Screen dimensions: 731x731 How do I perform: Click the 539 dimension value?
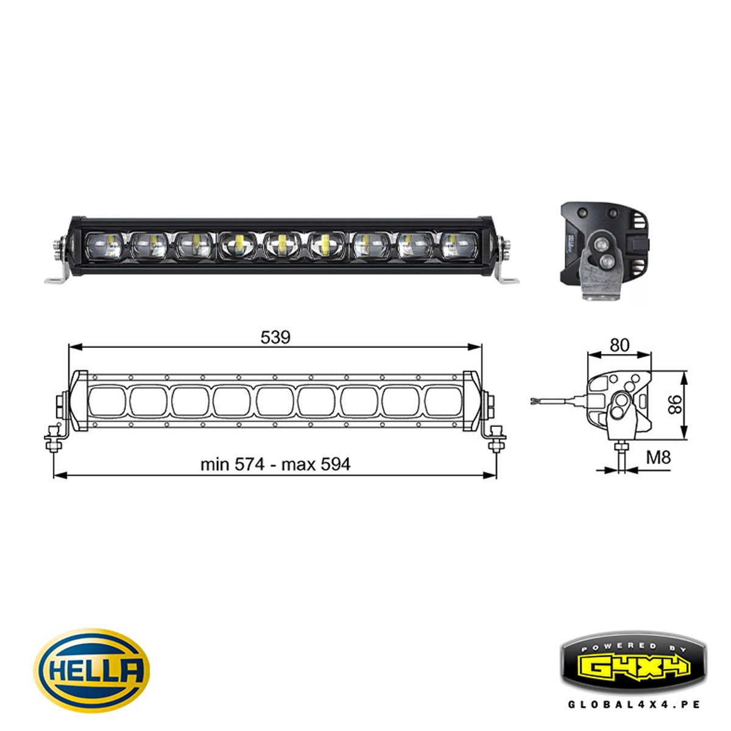[x=275, y=337]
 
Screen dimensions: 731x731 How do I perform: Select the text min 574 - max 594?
[x=275, y=465]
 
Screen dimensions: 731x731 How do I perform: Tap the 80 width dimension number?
[x=619, y=345]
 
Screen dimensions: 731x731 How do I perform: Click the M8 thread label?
[x=659, y=457]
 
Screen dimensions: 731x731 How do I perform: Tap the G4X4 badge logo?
[x=633, y=666]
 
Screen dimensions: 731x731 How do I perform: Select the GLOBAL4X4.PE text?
[x=634, y=704]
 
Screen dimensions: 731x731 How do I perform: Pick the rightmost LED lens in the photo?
[x=457, y=246]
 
